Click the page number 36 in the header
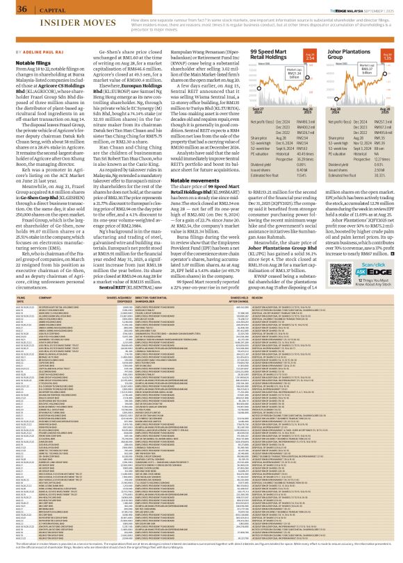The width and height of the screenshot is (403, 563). [x=12, y=9]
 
